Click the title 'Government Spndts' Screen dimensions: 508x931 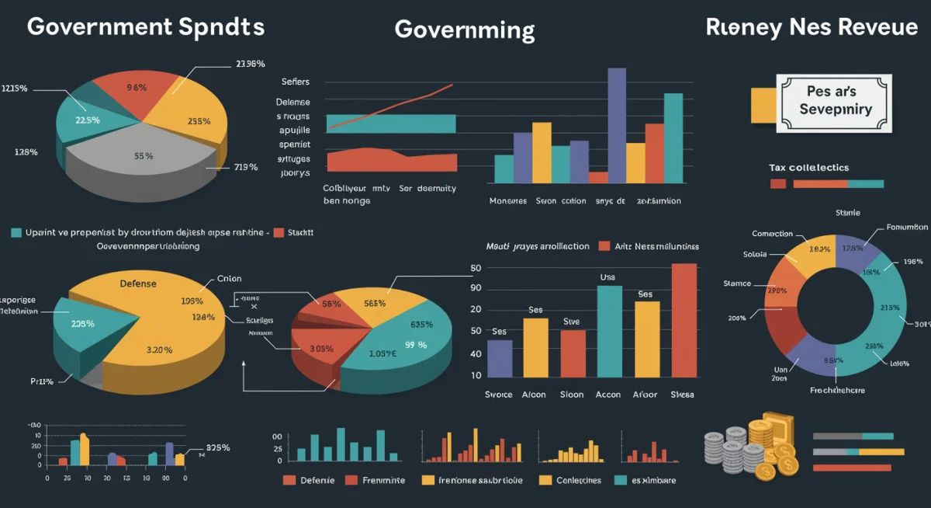click(x=146, y=26)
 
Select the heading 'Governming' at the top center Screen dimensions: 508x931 click(x=464, y=30)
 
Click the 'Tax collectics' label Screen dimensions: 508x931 click(x=808, y=168)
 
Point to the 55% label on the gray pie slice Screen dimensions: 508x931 click(x=144, y=155)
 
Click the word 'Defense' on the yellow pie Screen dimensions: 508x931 click(x=138, y=284)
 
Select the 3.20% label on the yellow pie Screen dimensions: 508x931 click(x=159, y=350)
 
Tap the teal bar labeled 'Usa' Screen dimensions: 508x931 click(x=609, y=331)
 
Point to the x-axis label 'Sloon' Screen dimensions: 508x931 click(x=572, y=395)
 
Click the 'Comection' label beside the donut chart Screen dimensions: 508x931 click(x=772, y=233)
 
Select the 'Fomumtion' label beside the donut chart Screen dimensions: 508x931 click(x=907, y=228)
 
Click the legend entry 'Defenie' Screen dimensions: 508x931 click(x=317, y=480)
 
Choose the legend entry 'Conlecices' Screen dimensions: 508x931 click(x=579, y=480)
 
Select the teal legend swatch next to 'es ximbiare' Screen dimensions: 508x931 click(x=620, y=480)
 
